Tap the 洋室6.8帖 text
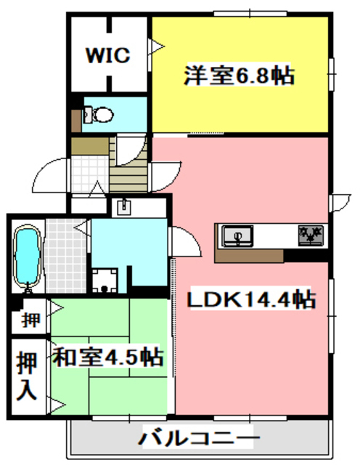[239, 76]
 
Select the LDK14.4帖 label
[252, 299]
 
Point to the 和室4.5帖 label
[107, 357]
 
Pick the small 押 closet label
[30, 319]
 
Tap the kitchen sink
[237, 235]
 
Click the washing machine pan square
[106, 280]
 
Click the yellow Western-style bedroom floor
[240, 109]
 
